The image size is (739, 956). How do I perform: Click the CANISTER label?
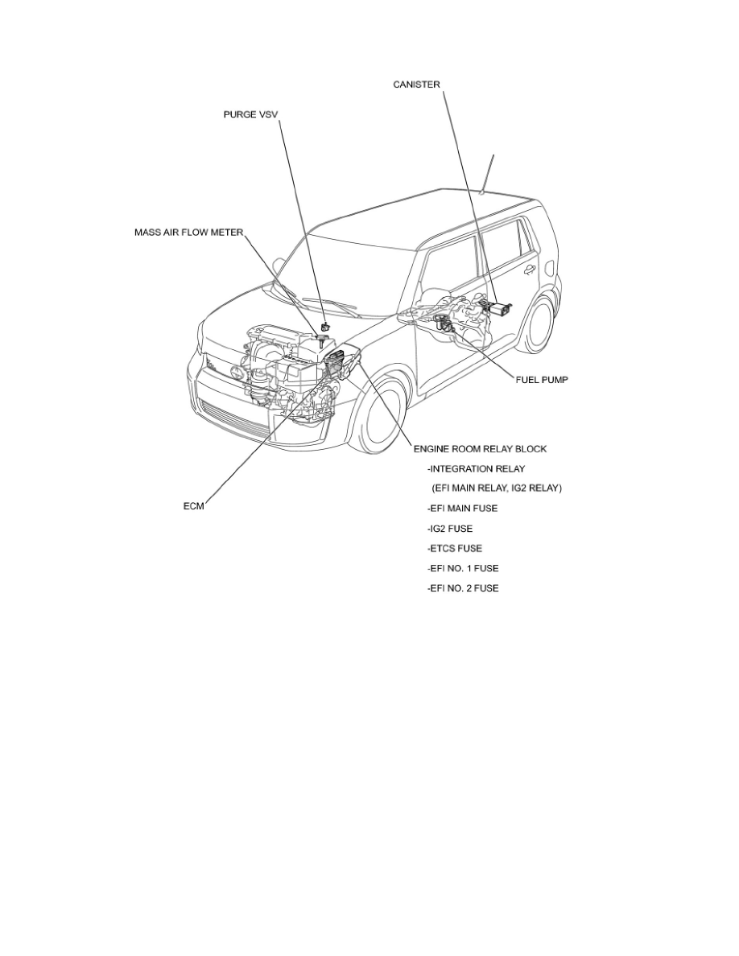pos(416,84)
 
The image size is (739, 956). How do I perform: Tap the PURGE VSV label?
pos(252,115)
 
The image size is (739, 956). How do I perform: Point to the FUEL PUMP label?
pos(542,379)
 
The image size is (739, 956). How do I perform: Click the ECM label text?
pos(193,507)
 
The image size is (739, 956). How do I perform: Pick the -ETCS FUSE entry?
pos(454,549)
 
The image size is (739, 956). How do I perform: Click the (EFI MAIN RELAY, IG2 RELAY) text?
pos(497,488)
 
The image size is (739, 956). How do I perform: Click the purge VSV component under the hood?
pos(325,325)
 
